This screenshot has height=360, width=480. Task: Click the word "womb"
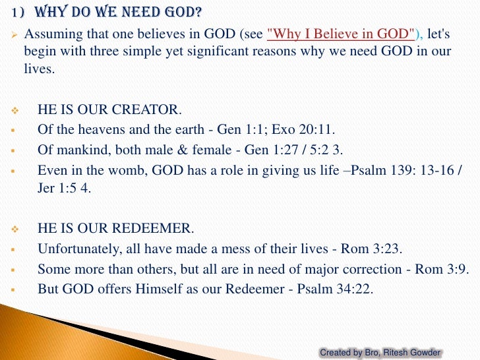[x=130, y=169]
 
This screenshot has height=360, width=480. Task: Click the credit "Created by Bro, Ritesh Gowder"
[x=380, y=353]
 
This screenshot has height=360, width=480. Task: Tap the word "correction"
[x=361, y=269]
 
